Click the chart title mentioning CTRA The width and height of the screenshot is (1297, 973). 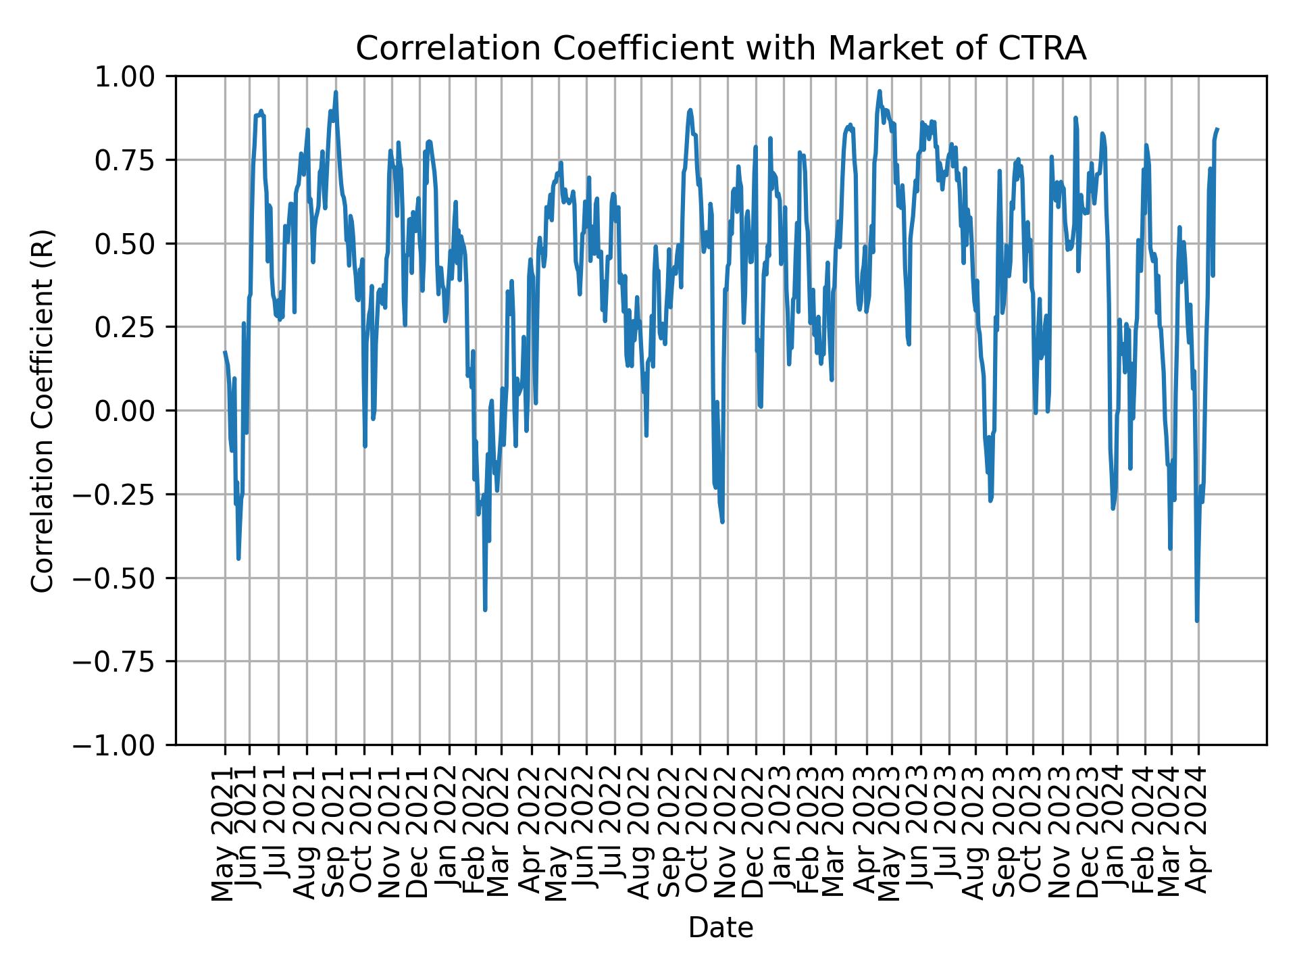(721, 49)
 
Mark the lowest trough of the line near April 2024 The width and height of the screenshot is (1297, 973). (1197, 620)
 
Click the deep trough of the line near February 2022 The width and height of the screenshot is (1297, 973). (485, 610)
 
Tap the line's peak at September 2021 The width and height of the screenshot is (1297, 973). (336, 92)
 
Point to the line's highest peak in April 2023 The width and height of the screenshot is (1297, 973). (880, 91)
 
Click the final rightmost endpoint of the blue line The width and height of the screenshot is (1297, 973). (1217, 128)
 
